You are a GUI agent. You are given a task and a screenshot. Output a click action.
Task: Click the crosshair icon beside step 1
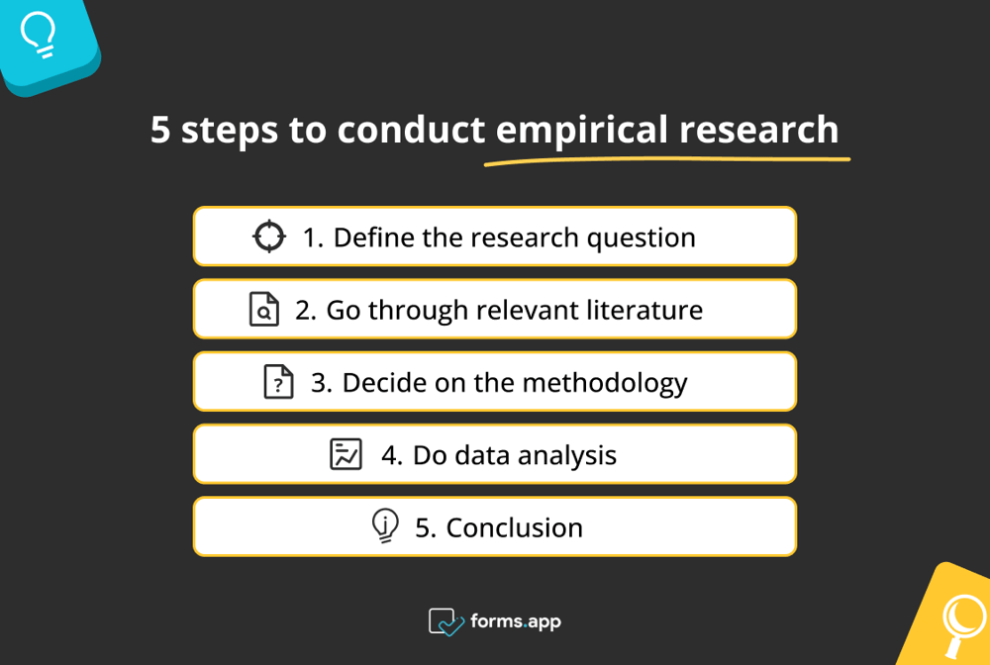click(268, 237)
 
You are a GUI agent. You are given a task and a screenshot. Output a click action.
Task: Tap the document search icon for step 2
click(264, 310)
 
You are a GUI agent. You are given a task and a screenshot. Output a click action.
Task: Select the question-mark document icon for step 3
click(279, 382)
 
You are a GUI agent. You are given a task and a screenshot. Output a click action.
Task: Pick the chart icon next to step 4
click(346, 454)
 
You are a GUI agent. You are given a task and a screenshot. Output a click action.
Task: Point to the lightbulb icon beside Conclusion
click(385, 525)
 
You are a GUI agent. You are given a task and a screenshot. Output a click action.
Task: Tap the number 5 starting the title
click(160, 130)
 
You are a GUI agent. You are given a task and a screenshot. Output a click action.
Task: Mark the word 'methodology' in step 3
click(604, 383)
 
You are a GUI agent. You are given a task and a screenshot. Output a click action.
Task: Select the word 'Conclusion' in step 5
click(514, 527)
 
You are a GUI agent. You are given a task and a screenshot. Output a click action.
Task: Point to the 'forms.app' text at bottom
click(516, 621)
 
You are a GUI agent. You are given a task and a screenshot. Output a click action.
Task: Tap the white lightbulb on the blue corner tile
click(39, 35)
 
